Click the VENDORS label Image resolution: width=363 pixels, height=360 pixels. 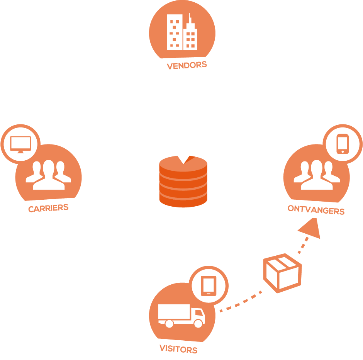187,65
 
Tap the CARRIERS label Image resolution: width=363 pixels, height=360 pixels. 48,208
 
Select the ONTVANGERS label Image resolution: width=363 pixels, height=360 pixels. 316,210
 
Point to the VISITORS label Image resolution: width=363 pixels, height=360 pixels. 178,349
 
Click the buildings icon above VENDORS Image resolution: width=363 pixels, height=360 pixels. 182,32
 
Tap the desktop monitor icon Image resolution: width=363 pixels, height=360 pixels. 20,144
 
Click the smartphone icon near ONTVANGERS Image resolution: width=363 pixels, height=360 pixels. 342,144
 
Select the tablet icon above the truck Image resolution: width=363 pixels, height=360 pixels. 209,286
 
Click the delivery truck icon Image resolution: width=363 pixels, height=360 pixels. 181,315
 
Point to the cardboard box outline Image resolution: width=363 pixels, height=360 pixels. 282,273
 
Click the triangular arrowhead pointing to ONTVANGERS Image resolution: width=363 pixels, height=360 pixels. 311,229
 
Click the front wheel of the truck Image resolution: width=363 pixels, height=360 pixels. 198,323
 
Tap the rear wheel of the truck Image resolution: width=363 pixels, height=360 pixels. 169,323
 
